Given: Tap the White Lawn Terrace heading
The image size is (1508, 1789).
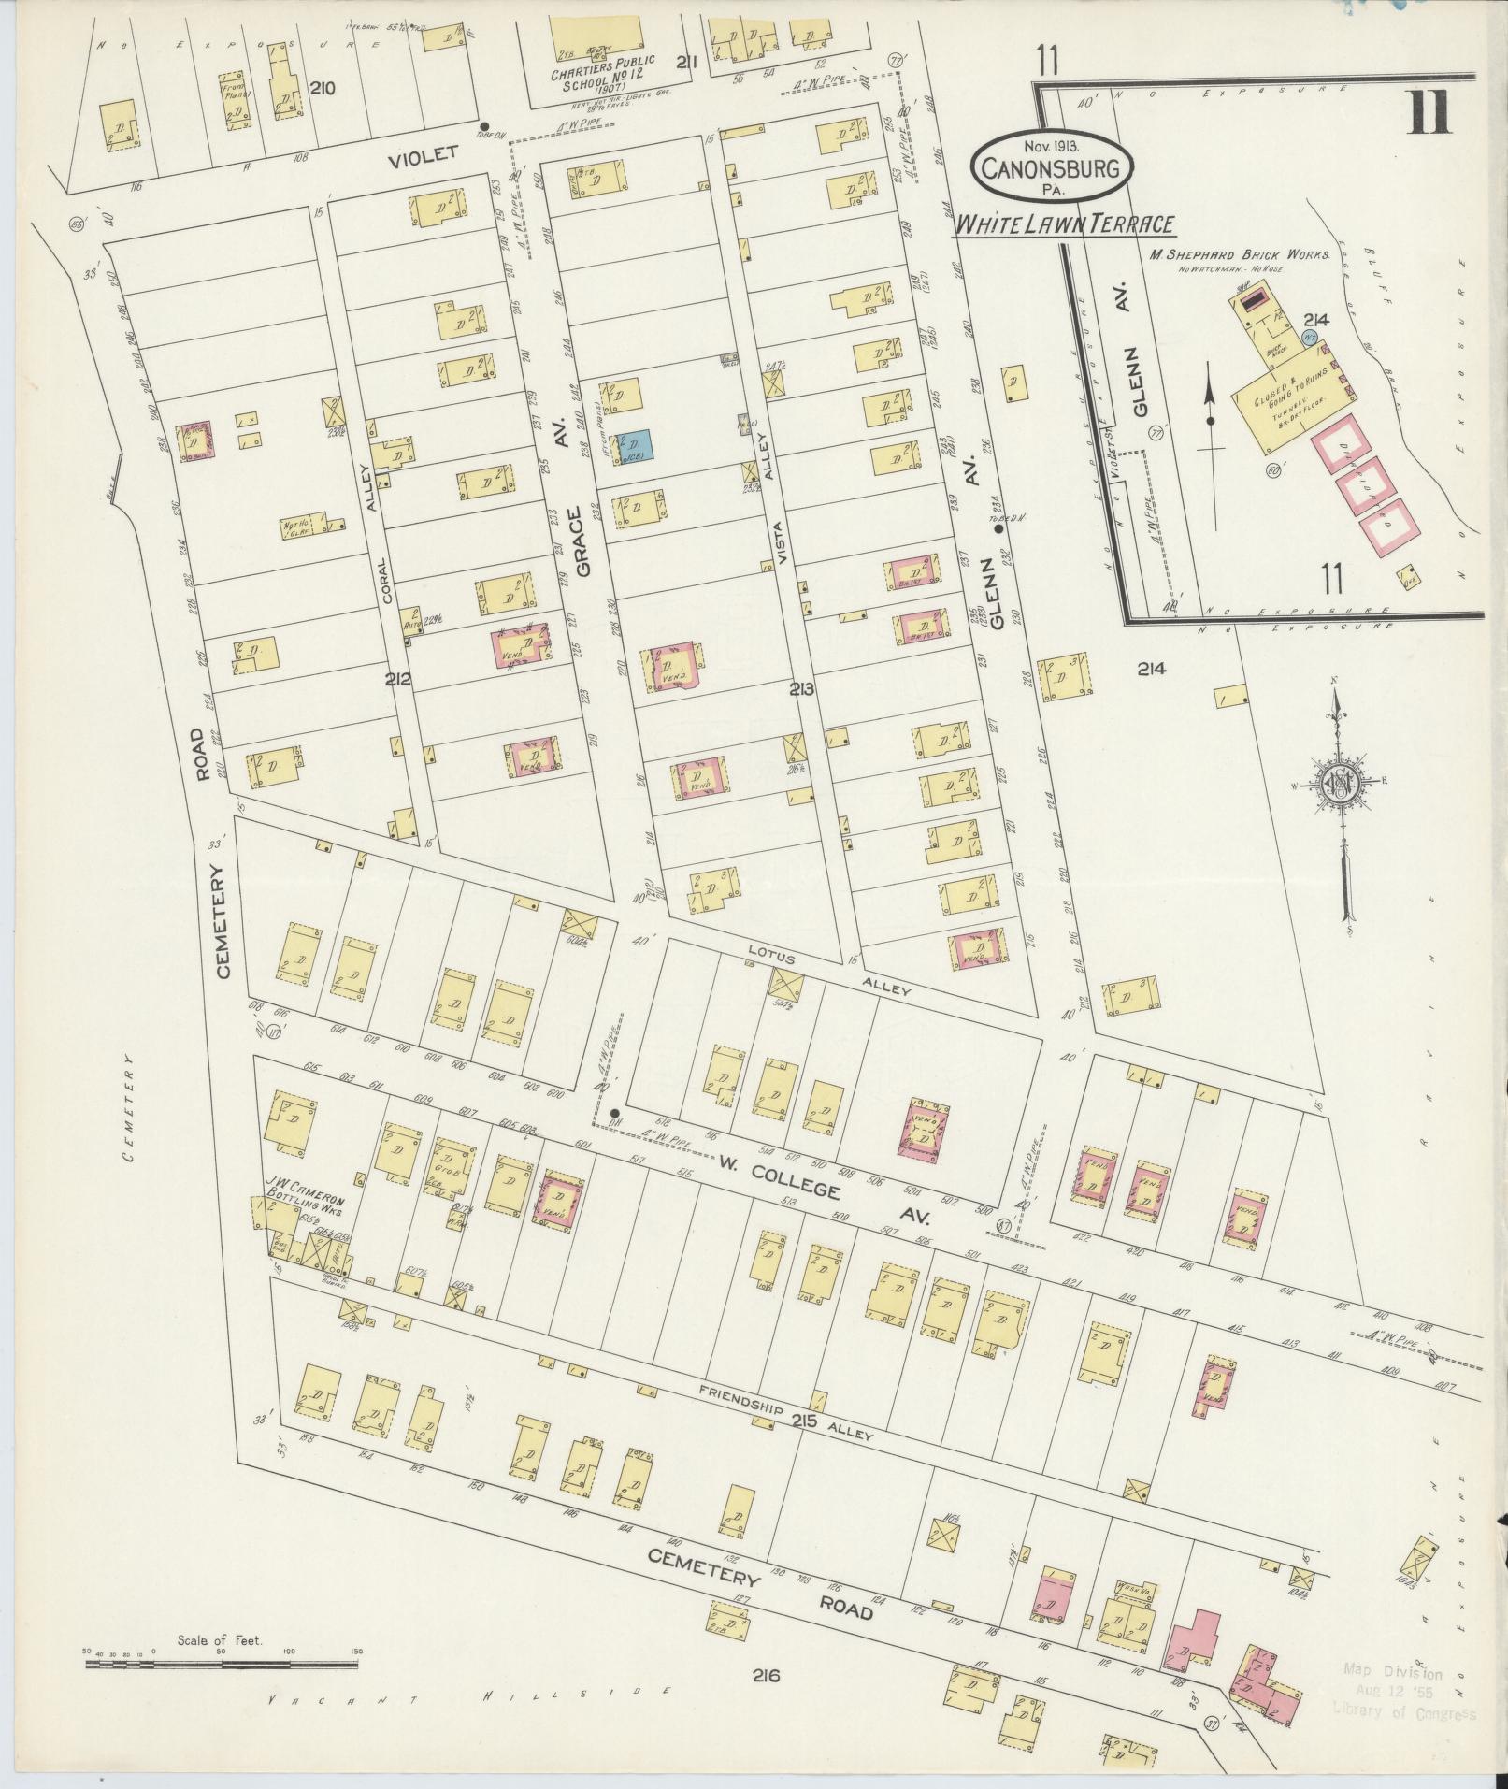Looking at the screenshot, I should (1063, 224).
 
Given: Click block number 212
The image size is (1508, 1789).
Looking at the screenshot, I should (397, 677).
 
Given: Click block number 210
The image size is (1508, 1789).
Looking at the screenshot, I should (322, 90).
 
